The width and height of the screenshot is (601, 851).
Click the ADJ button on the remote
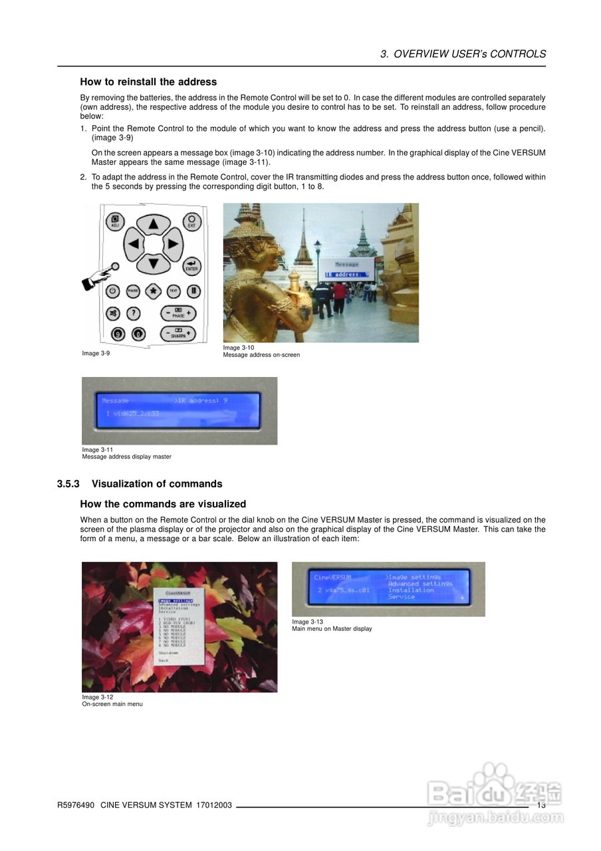click(115, 221)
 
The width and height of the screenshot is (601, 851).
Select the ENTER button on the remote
click(191, 265)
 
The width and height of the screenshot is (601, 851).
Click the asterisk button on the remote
click(153, 291)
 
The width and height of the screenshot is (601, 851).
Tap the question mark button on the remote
click(134, 313)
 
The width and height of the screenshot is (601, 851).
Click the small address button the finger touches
click(116, 267)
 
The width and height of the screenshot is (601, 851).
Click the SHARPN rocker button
click(178, 334)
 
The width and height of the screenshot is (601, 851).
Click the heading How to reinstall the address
click(148, 82)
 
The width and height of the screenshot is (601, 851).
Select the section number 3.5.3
click(68, 483)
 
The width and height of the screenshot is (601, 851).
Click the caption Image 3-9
click(96, 353)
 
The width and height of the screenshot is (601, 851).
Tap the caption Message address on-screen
click(261, 355)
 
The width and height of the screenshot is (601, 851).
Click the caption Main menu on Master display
click(332, 629)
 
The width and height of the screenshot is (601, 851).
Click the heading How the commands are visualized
click(163, 504)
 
